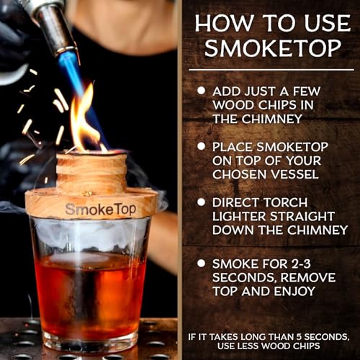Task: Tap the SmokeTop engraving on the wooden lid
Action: coord(91,209)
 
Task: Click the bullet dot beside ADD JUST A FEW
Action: coord(201,91)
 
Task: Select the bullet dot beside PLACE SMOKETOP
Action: coord(201,146)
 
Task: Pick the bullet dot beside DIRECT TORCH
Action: coord(201,202)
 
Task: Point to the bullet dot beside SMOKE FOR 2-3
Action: coord(201,263)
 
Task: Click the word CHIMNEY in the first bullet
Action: coord(266,120)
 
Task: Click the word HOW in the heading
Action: coord(225,22)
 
